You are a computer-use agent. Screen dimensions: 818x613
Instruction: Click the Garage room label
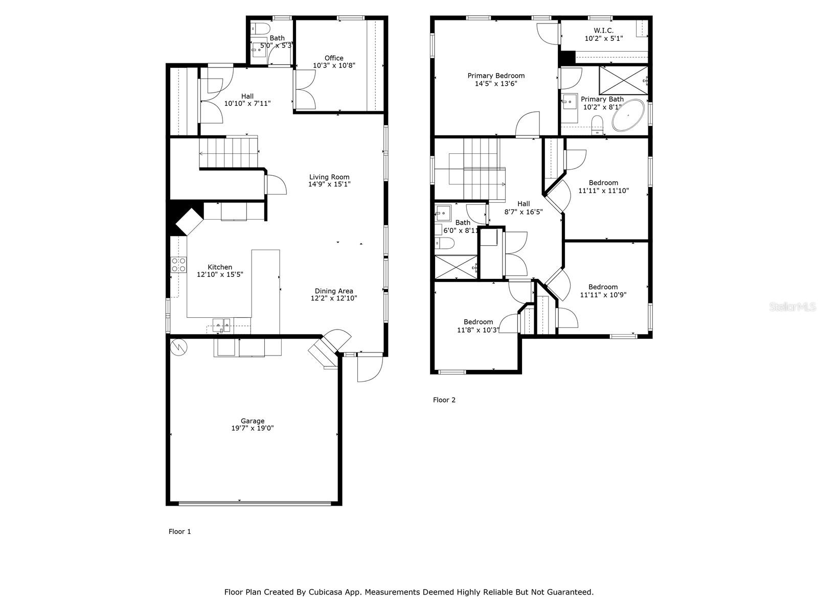pos(252,421)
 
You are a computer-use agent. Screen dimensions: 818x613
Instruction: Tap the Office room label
pos(333,58)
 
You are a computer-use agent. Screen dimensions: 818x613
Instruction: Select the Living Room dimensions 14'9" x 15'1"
pos(329,184)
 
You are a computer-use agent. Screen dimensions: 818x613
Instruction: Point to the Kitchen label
pos(219,267)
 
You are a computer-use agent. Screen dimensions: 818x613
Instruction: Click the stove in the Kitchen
pos(178,265)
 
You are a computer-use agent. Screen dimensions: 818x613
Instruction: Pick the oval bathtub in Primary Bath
pos(628,115)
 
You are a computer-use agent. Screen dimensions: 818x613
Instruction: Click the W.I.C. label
pos(603,30)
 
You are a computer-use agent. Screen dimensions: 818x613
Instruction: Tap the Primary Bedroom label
pos(496,76)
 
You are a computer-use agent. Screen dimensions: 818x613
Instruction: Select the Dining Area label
pos(333,291)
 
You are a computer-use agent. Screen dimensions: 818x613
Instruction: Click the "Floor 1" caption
pos(179,531)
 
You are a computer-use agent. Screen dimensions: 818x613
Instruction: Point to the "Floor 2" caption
pos(444,400)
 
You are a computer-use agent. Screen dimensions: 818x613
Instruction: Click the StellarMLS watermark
pos(792,306)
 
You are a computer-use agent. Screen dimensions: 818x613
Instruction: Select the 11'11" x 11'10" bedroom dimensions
pos(603,191)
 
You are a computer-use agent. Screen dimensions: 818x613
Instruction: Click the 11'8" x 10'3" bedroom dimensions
pos(478,330)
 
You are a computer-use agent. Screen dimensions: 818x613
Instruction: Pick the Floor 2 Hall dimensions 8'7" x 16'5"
pos(523,212)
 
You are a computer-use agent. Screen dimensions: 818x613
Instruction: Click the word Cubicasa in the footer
pos(324,592)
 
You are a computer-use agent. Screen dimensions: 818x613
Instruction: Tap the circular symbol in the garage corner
pos(179,348)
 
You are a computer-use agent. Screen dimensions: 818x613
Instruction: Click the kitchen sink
pos(221,325)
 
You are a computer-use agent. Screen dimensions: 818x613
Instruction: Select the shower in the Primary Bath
pos(623,80)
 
